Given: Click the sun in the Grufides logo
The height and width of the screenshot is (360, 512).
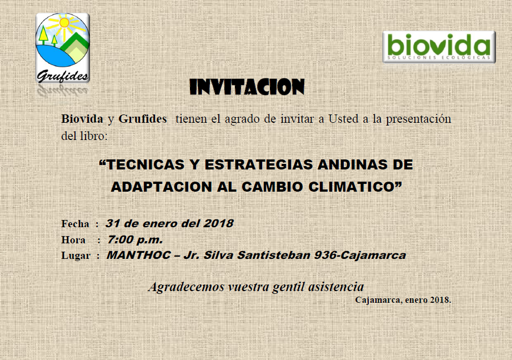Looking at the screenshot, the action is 64,23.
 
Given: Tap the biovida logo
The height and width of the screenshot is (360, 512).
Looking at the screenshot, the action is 439,47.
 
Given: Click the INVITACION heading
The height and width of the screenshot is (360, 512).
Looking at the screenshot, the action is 247,87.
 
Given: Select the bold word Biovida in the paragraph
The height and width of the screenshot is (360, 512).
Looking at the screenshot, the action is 82,118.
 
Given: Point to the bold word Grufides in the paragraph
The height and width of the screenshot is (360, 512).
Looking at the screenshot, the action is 142,118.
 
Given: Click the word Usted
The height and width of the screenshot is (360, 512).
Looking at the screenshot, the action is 343,118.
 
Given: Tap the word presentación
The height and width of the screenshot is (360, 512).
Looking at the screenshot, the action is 418,119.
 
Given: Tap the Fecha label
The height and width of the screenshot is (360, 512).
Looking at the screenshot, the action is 75,224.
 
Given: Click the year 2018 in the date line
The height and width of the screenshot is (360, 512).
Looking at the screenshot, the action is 218,223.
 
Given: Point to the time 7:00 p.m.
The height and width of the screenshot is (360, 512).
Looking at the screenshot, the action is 135,240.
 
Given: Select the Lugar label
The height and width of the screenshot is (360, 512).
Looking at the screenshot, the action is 76,256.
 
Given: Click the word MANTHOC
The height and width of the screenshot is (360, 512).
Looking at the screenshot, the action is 138,255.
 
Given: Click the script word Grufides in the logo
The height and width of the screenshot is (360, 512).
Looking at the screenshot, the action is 62,76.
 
